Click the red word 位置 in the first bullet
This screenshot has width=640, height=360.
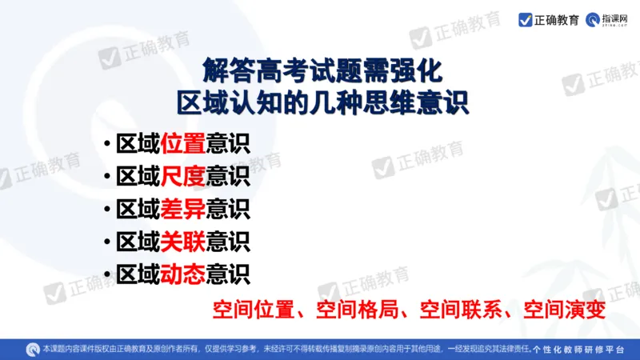pos(183,144)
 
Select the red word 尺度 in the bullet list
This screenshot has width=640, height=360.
pos(183,176)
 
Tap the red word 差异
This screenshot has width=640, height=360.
pos(183,209)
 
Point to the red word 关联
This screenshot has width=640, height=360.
pos(183,241)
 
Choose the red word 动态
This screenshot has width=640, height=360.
pos(183,274)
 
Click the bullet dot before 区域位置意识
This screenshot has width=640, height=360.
pos(107,145)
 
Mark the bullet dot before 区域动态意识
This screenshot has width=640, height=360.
pos(107,274)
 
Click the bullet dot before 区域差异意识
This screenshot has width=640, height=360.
pos(107,210)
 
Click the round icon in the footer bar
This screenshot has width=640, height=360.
pos(33,349)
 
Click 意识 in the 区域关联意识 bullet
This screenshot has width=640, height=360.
pos(228,241)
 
